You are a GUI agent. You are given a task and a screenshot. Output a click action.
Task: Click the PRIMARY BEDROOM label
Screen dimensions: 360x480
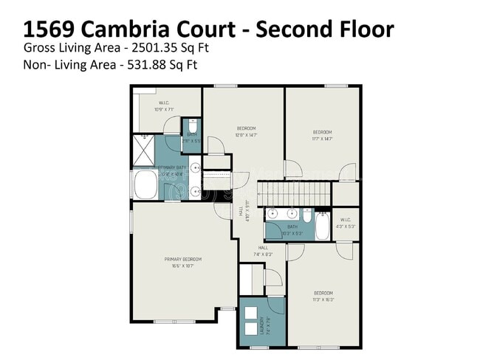[x=182, y=259]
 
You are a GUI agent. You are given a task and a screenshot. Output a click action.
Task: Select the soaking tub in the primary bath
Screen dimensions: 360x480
[x=145, y=187]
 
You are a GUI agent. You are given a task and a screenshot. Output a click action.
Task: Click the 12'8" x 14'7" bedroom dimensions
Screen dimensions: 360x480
[x=247, y=135]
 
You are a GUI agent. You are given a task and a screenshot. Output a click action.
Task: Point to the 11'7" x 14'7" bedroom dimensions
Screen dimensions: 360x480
[x=322, y=138]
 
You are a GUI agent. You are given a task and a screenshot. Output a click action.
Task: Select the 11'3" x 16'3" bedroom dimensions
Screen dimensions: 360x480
[x=323, y=300]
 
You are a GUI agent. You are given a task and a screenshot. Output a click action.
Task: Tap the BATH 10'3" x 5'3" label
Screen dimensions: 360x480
[x=292, y=229]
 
